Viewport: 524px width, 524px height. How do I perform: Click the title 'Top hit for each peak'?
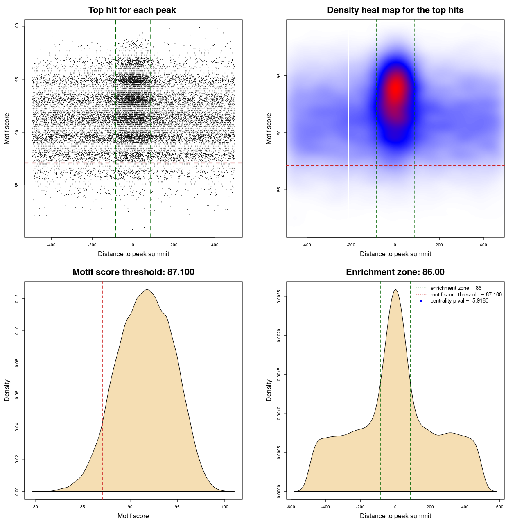[x=132, y=10]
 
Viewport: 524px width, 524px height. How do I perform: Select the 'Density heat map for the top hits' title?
[x=395, y=10]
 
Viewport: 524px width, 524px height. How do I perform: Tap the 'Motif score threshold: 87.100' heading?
[x=133, y=272]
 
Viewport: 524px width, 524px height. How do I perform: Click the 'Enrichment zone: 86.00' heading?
[x=395, y=272]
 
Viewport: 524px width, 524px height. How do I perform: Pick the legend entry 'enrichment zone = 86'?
[x=456, y=288]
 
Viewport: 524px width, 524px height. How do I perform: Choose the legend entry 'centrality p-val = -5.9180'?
[x=459, y=301]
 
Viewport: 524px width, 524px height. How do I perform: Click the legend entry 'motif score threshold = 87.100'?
[x=466, y=295]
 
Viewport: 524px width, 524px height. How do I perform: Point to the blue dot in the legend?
[x=421, y=301]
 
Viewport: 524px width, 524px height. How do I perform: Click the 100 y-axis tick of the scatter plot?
[x=17, y=27]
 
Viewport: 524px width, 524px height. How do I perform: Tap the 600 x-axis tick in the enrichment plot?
[x=499, y=507]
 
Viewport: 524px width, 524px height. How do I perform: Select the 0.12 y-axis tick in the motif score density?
[x=17, y=299]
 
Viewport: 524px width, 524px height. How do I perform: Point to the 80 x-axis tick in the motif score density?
[x=36, y=507]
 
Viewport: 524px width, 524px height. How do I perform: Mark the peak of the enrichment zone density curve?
[x=395, y=290]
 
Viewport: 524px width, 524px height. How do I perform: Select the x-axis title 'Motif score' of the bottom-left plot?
[x=133, y=516]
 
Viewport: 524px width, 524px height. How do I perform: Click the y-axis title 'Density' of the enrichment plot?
[x=269, y=390]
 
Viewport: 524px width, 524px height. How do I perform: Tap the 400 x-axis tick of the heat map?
[x=483, y=245]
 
